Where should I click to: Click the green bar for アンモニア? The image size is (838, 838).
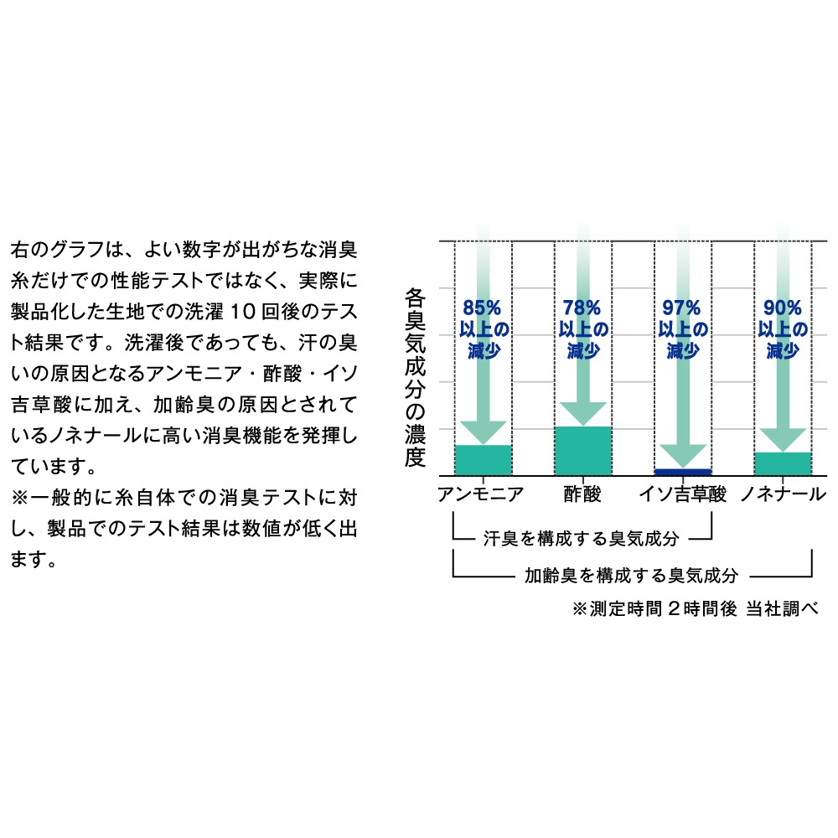(484, 459)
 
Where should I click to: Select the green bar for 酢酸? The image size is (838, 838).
(583, 451)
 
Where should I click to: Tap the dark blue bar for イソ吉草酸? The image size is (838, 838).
(683, 472)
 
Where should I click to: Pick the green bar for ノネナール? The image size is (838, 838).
(783, 463)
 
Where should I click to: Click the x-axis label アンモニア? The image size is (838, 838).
(480, 494)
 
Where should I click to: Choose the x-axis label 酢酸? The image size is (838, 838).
(582, 494)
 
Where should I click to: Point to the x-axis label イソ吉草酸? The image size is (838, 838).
(683, 494)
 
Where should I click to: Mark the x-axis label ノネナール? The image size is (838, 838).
(784, 494)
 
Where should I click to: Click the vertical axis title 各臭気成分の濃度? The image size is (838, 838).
(416, 377)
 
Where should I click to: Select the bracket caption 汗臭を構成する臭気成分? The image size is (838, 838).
(581, 538)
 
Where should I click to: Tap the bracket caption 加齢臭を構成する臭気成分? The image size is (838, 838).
(631, 575)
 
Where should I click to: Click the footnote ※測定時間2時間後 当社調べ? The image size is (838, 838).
(695, 608)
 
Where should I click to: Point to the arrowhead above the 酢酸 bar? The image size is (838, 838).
(583, 414)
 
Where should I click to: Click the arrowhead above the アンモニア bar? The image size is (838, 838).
(484, 432)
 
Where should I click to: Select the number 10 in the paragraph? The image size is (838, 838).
(241, 312)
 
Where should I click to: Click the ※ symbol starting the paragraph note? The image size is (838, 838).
(19, 498)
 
